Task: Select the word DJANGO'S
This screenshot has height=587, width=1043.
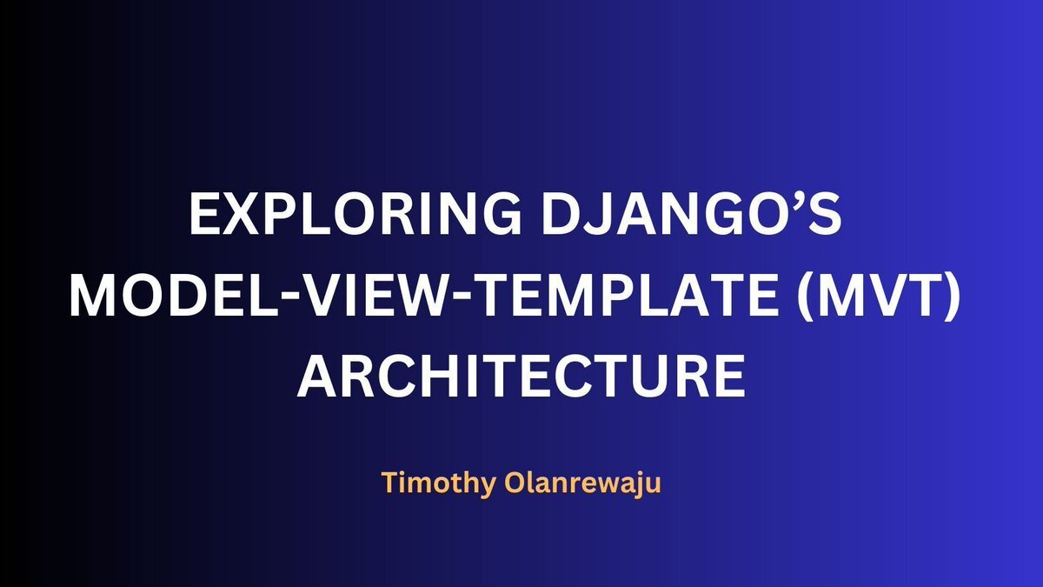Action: pyautogui.click(x=692, y=214)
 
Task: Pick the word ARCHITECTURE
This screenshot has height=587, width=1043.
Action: pyautogui.click(x=521, y=376)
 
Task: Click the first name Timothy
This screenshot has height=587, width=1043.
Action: pyautogui.click(x=439, y=484)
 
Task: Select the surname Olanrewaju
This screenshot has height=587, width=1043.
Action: pyautogui.click(x=583, y=484)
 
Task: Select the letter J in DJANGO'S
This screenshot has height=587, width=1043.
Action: pyautogui.click(x=592, y=215)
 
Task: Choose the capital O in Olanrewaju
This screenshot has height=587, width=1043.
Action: pyautogui.click(x=515, y=483)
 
